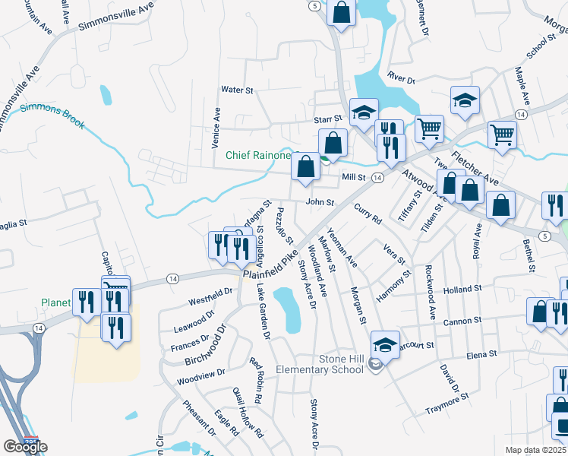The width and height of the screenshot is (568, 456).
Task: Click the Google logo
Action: [25, 446]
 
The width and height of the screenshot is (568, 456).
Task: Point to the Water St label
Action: [236, 90]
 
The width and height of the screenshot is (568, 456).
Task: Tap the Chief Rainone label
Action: [258, 156]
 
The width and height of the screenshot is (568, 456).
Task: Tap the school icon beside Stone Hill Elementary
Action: [386, 345]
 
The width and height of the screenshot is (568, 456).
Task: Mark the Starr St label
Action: [330, 120]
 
